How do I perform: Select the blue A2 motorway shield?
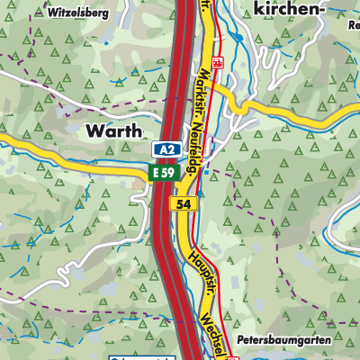163,149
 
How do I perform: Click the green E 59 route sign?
163,171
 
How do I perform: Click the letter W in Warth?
92,130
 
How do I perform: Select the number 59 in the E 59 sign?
167,171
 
